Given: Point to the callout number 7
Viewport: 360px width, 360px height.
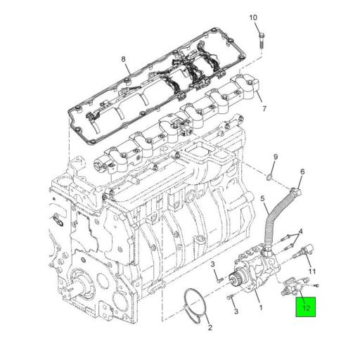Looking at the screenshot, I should [264, 109].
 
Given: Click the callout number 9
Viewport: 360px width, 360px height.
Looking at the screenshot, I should [276, 156].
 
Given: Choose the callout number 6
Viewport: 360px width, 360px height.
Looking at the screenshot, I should [302, 172].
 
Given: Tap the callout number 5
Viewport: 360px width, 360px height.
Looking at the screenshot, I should [264, 200].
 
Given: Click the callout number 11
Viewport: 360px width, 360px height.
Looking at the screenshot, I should [313, 271].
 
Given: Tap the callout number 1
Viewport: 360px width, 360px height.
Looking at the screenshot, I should [260, 307].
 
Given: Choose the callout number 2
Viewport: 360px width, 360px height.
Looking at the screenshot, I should [209, 326].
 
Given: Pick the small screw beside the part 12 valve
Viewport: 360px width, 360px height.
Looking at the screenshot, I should [316, 285].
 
